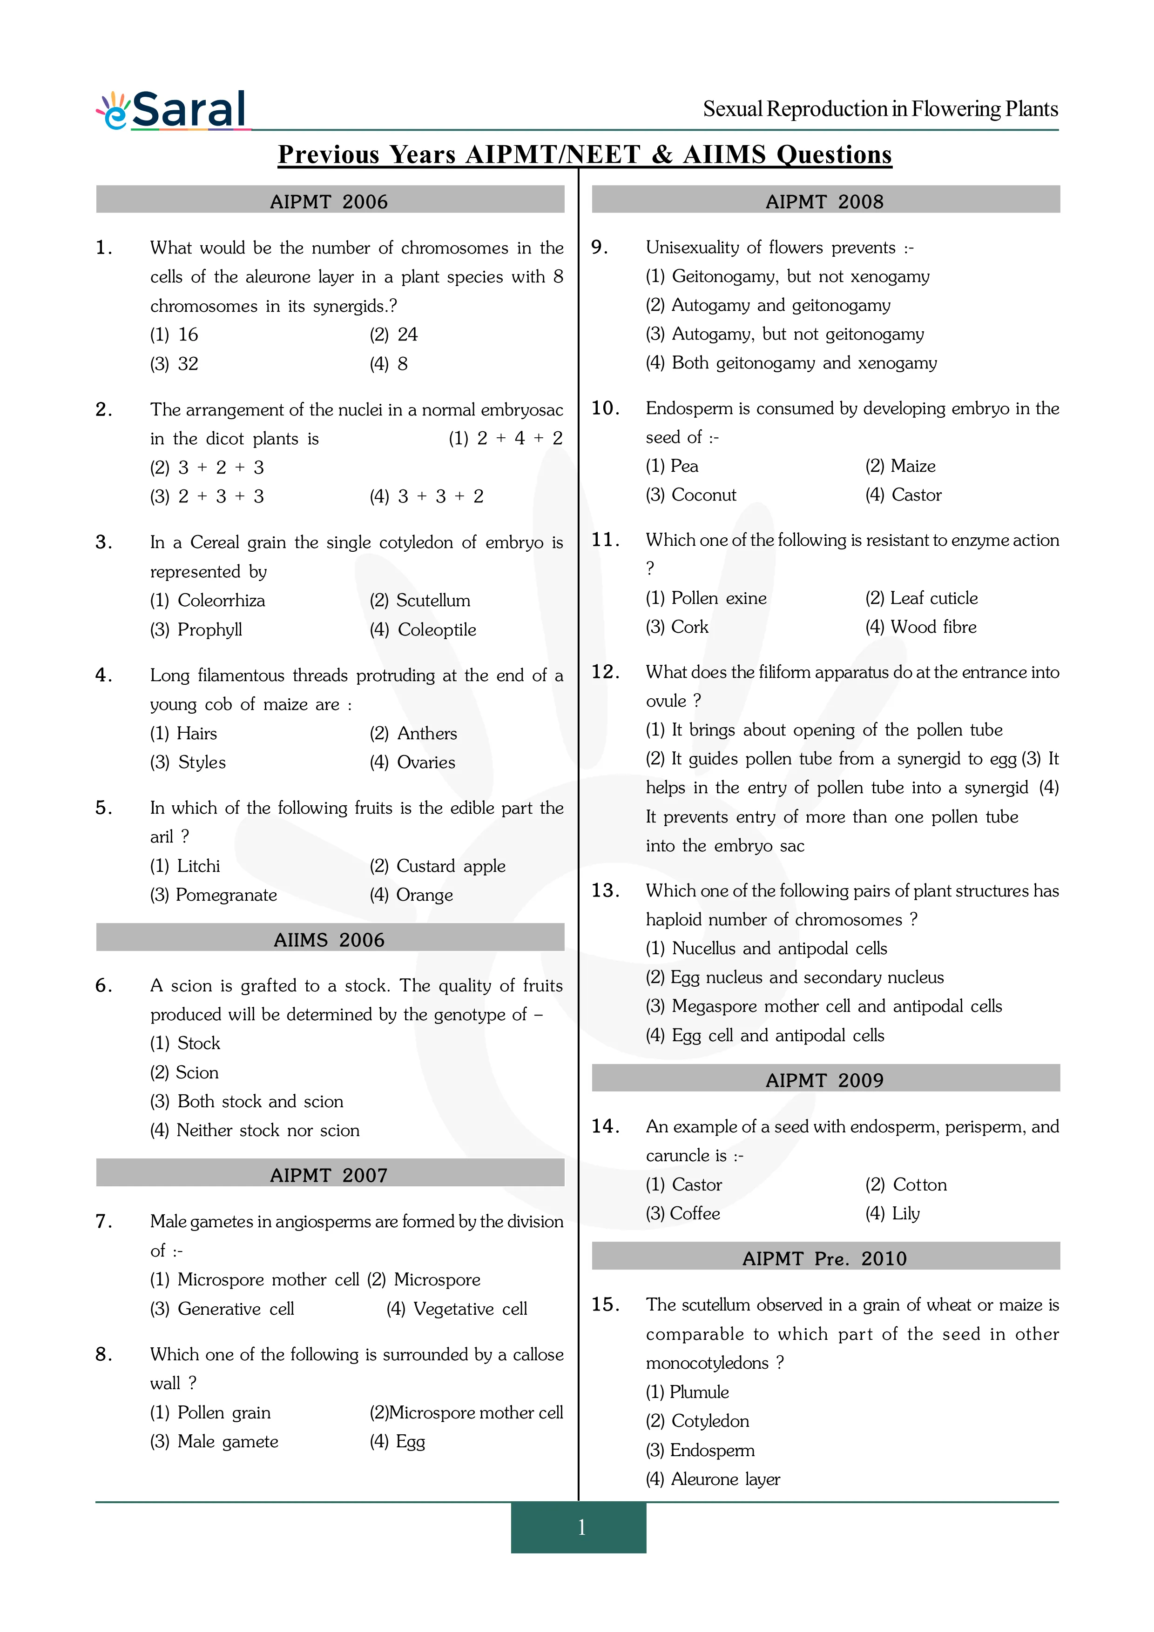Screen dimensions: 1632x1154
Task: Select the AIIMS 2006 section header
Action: tap(329, 940)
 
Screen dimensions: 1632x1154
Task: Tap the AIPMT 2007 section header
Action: tap(329, 1175)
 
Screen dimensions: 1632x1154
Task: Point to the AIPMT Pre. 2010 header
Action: tap(825, 1258)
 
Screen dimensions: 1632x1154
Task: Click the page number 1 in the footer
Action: tap(581, 1527)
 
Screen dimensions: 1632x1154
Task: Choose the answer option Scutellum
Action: tap(433, 601)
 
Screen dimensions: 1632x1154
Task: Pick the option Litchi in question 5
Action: tap(198, 866)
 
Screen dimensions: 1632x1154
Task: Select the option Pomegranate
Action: tap(226, 895)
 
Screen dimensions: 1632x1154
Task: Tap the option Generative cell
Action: tap(236, 1309)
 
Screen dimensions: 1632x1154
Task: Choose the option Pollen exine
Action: tap(719, 598)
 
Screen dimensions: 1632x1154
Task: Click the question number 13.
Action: tap(605, 890)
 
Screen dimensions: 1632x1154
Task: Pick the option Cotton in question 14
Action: tap(920, 1184)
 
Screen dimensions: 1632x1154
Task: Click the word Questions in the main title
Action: tap(834, 155)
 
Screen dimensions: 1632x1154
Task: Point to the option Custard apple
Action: tap(451, 866)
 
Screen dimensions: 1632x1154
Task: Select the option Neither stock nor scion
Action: tap(268, 1130)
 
